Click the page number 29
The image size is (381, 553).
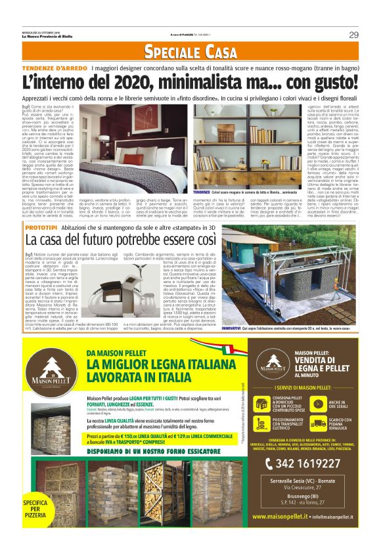[353, 35]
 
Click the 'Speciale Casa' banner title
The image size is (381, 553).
[190, 51]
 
